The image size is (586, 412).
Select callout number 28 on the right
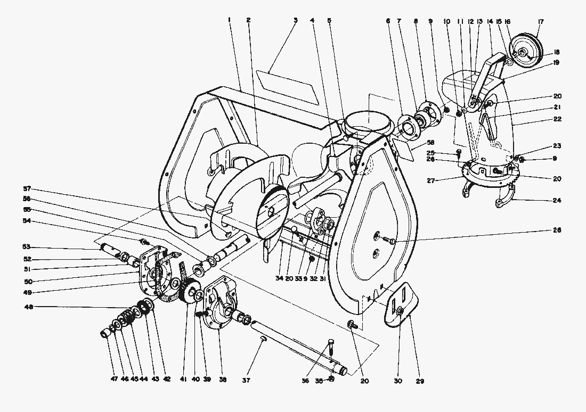557,230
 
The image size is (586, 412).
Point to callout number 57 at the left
26,189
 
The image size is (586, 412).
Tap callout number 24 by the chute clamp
557,201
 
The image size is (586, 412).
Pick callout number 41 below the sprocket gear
183,380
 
